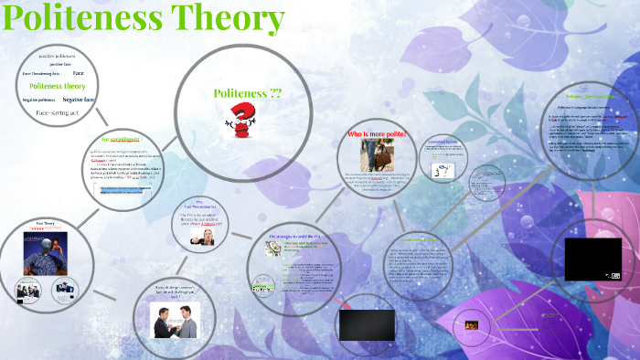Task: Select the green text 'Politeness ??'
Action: point(240,93)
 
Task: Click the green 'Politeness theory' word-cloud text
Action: point(51,86)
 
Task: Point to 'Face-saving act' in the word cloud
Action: point(58,112)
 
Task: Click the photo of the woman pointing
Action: point(201,235)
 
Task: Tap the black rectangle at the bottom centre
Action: point(367,325)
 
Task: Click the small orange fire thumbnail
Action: point(472,323)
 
